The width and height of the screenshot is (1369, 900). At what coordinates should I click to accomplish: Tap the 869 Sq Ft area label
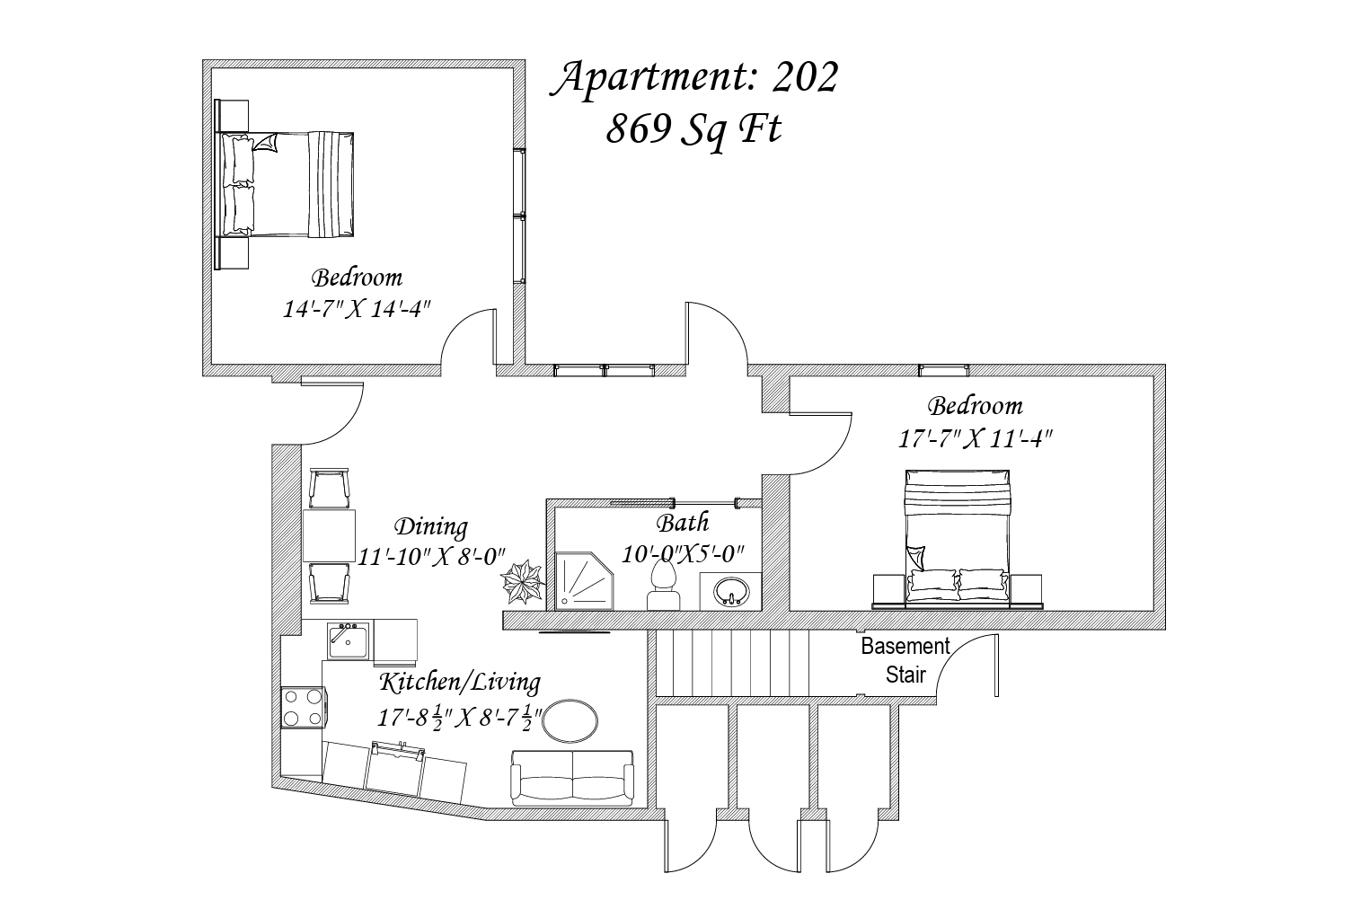point(694,129)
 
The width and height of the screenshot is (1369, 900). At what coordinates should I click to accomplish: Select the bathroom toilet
point(664,585)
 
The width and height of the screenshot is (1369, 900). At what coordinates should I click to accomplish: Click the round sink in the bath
point(731,591)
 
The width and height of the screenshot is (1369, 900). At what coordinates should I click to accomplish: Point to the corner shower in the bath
point(584,581)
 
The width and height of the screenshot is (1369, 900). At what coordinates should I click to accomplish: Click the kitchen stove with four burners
point(303,708)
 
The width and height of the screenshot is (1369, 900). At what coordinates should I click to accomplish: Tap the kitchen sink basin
point(348,641)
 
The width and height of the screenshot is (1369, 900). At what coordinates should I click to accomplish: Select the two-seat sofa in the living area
point(572,778)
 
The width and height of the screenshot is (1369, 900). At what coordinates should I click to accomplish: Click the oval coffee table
point(570,721)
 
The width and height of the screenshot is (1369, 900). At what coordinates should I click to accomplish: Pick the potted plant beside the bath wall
point(523,582)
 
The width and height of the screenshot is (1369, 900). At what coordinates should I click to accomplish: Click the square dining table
point(329,536)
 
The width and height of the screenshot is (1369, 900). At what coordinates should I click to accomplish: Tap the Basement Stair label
point(905,660)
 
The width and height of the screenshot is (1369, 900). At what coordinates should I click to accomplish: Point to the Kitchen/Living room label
point(460,682)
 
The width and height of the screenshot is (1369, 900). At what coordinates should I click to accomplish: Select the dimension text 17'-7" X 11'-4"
point(975,438)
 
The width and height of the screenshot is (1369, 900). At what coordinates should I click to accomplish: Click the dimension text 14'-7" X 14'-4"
point(357,309)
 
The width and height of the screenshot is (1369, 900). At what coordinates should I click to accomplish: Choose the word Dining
point(431,526)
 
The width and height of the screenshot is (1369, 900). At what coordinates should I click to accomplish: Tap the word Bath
point(683,523)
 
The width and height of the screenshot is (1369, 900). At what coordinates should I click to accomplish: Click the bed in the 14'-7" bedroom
point(284,184)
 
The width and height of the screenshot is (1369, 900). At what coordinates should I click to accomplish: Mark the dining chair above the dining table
point(329,489)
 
